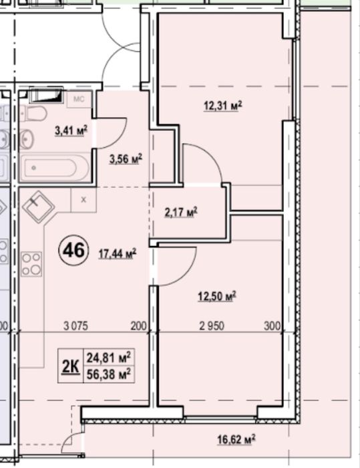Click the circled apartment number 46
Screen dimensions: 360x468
(x=74, y=251)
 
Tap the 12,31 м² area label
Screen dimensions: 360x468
(x=222, y=106)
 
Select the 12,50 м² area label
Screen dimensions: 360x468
(x=217, y=296)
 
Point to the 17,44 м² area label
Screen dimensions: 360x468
(x=118, y=253)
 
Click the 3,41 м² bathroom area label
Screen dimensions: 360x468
(x=71, y=130)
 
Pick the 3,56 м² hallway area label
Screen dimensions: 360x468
(x=126, y=159)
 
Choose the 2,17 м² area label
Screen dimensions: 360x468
(x=181, y=213)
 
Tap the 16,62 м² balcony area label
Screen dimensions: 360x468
(x=236, y=439)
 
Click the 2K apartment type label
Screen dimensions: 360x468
(x=71, y=366)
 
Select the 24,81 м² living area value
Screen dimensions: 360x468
(x=109, y=357)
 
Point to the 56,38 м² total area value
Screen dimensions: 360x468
(x=109, y=374)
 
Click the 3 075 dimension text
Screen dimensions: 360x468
(x=75, y=326)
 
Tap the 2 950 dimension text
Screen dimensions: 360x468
(x=212, y=326)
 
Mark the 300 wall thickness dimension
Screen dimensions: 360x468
(x=273, y=326)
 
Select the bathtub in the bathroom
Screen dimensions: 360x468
(x=55, y=167)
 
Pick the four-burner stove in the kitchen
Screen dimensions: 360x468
(x=31, y=264)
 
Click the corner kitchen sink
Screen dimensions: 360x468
(x=38, y=207)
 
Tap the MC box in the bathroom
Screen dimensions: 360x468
(x=79, y=99)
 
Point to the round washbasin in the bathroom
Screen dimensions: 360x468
(x=27, y=138)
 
